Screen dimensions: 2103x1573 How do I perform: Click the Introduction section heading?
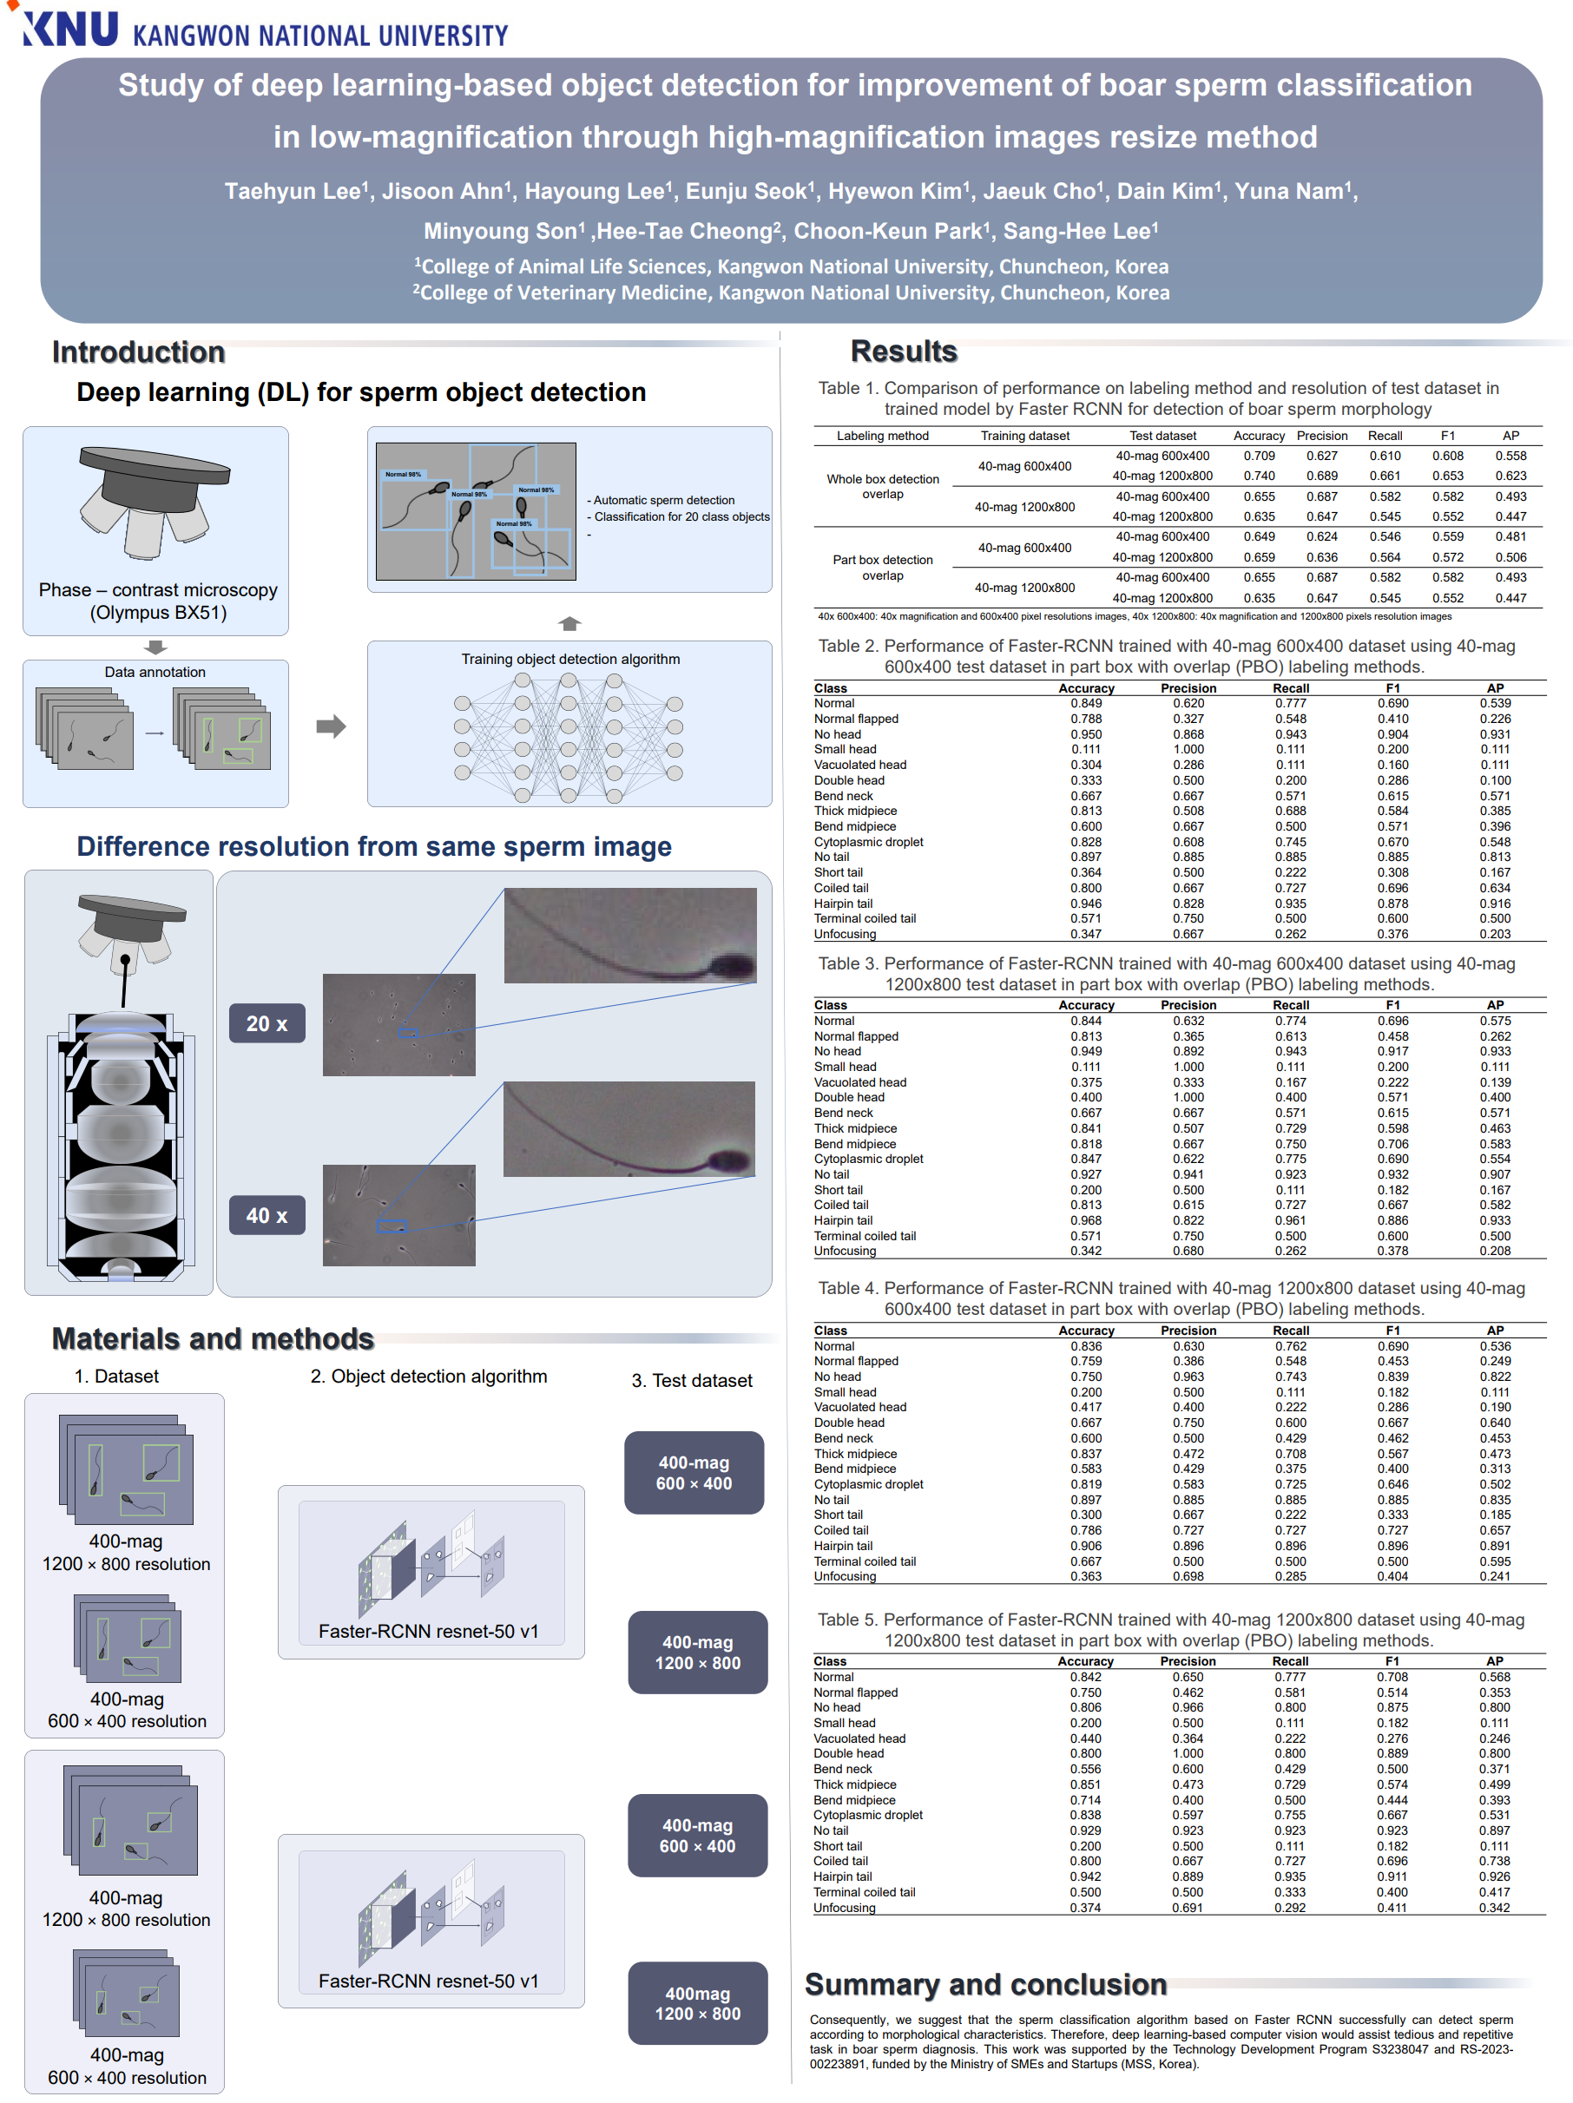[138, 352]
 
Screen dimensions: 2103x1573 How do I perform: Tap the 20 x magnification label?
[267, 1024]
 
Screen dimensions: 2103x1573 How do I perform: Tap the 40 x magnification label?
[267, 1215]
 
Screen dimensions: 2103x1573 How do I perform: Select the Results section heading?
[903, 352]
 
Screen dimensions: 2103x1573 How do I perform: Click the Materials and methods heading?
[212, 1338]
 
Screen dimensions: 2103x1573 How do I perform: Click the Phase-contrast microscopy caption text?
[158, 601]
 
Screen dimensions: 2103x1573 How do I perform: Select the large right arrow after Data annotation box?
[330, 727]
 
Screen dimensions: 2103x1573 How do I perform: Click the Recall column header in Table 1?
[1385, 437]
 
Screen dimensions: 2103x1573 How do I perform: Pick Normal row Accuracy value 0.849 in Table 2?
[1085, 704]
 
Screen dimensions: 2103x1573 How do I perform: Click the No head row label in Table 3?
[837, 1052]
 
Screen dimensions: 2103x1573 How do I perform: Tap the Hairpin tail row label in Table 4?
[843, 1546]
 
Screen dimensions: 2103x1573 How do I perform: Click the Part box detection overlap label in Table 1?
[882, 568]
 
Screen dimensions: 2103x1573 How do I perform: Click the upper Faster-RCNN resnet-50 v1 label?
[428, 1632]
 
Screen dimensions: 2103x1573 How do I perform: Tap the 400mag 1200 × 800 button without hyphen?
[697, 2003]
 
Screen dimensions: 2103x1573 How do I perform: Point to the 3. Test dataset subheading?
[691, 1381]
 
